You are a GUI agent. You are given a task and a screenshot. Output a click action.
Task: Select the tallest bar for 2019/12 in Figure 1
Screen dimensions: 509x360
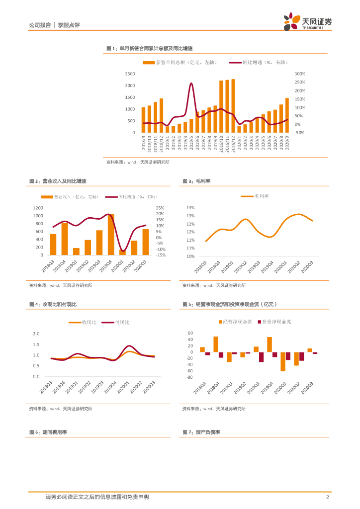pyautogui.click(x=233, y=106)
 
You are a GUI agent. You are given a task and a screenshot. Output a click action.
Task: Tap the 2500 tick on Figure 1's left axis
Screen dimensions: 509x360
pyautogui.click(x=130, y=74)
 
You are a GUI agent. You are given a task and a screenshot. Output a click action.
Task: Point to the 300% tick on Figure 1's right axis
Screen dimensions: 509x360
pyautogui.click(x=300, y=74)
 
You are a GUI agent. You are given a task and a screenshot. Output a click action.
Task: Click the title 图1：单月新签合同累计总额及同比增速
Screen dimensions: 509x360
pyautogui.click(x=149, y=48)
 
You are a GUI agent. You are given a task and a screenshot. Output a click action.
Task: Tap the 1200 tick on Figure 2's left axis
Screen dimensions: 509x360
pyautogui.click(x=38, y=208)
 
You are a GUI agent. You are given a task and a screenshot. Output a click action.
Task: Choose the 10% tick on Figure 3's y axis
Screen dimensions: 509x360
pyautogui.click(x=190, y=256)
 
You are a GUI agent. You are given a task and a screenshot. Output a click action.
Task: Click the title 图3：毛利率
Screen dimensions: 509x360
pyautogui.click(x=196, y=181)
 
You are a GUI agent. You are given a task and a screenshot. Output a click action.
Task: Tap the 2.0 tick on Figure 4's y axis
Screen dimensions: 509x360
pyautogui.click(x=36, y=333)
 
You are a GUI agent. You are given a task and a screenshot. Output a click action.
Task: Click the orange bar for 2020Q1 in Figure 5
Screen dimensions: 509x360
pyautogui.click(x=283, y=361)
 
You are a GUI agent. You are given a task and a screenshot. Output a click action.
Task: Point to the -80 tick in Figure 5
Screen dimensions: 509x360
pyautogui.click(x=189, y=377)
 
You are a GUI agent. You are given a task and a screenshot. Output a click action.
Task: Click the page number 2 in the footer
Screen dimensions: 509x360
pyautogui.click(x=327, y=497)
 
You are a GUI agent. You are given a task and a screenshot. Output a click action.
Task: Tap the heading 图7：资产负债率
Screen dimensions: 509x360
pyautogui.click(x=201, y=432)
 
